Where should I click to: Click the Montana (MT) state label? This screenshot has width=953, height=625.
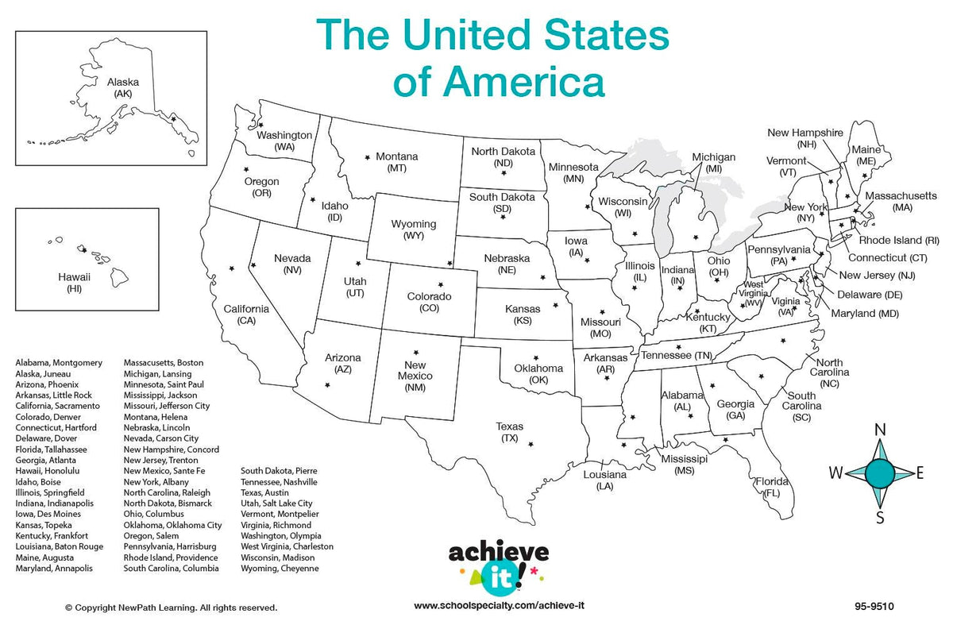pos(397,162)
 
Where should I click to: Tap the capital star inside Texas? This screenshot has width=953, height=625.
pos(531,444)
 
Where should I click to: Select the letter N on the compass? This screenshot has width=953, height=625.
pos(880,430)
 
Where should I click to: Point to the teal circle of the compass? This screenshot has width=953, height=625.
pos(880,473)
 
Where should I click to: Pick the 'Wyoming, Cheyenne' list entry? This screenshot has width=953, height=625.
pos(280,569)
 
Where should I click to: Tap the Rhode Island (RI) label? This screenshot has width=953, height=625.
pos(900,240)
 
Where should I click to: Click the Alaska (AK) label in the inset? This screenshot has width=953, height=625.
pos(123,87)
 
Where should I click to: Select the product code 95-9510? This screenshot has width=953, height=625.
pos(870,608)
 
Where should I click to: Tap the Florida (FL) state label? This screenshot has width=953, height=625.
pos(771,487)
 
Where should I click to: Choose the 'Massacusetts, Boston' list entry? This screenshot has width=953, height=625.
pos(164,363)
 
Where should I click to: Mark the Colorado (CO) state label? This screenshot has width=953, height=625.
pos(429,302)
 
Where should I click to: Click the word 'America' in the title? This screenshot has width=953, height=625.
pos(525,82)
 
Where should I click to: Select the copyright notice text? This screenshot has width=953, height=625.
pos(172,608)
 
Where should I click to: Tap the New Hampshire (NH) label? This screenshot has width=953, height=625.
pos(805,138)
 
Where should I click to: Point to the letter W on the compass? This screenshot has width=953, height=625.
pos(836,474)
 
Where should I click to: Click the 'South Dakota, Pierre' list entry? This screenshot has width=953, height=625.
pos(279,471)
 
